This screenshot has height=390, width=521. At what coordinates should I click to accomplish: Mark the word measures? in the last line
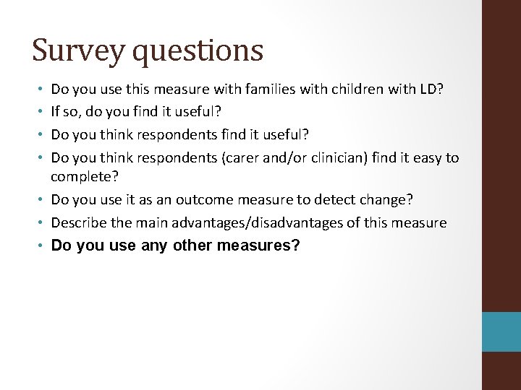pos(262,246)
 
